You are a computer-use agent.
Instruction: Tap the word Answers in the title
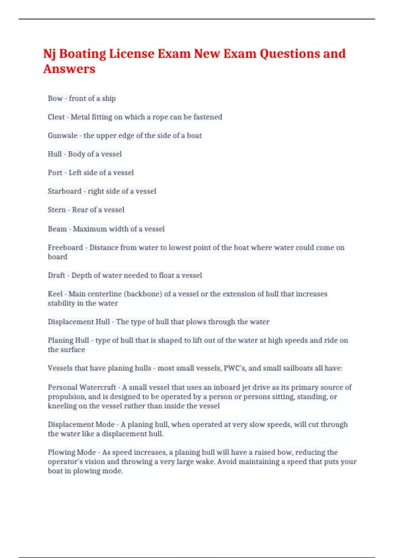69,69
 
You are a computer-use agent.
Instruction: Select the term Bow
55,98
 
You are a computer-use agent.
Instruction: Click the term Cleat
56,117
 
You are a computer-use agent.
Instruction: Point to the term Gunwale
62,136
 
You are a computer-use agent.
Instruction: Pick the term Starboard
64,191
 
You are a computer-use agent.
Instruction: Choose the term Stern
57,210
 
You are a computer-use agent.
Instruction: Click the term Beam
57,229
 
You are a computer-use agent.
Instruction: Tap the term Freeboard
65,247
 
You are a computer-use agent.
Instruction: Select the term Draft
56,275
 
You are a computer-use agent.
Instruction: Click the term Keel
55,294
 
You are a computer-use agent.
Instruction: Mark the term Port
55,173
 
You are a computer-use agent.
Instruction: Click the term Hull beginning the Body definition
55,154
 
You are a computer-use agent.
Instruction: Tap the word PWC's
234,368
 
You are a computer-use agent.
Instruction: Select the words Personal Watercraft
82,387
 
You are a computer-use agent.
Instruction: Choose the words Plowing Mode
72,452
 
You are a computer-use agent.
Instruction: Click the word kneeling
62,406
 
